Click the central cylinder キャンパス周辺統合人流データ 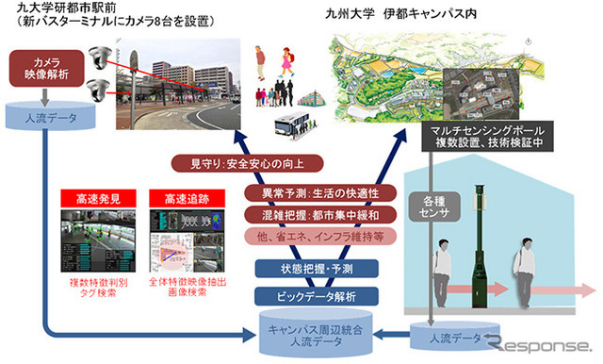(x=303, y=332)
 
